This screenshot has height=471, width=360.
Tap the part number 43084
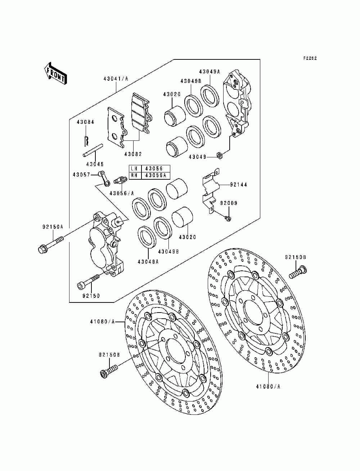coord(85,122)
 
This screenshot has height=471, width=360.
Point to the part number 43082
coord(133,154)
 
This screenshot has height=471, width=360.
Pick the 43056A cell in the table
coord(155,175)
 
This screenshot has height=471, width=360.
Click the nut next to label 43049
coord(219,156)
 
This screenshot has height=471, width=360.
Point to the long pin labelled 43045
coord(93,151)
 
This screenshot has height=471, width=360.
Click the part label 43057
coord(81,174)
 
